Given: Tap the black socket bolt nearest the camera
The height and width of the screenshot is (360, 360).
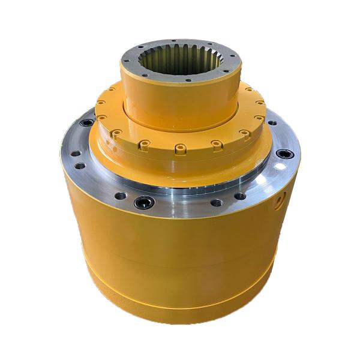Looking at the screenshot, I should click(144, 202).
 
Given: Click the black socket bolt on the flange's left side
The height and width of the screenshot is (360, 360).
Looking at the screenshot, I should click(87, 122).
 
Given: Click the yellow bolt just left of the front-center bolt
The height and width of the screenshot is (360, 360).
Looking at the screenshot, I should click(144, 144).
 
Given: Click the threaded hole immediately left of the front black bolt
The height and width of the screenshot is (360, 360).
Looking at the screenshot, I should click(120, 196).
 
